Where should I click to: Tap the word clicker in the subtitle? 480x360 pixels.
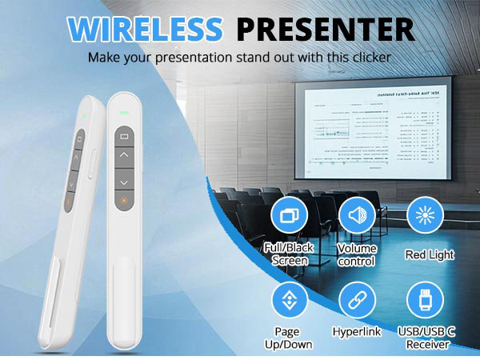(366, 58)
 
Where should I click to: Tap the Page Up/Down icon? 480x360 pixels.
(290, 300)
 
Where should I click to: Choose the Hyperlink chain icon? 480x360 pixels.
(356, 300)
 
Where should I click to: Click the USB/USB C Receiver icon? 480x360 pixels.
(425, 300)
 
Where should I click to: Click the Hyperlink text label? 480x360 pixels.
(356, 330)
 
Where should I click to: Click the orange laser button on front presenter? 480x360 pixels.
(124, 201)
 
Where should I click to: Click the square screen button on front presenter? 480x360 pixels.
(124, 137)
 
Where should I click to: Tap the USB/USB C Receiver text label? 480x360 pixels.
(425, 338)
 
